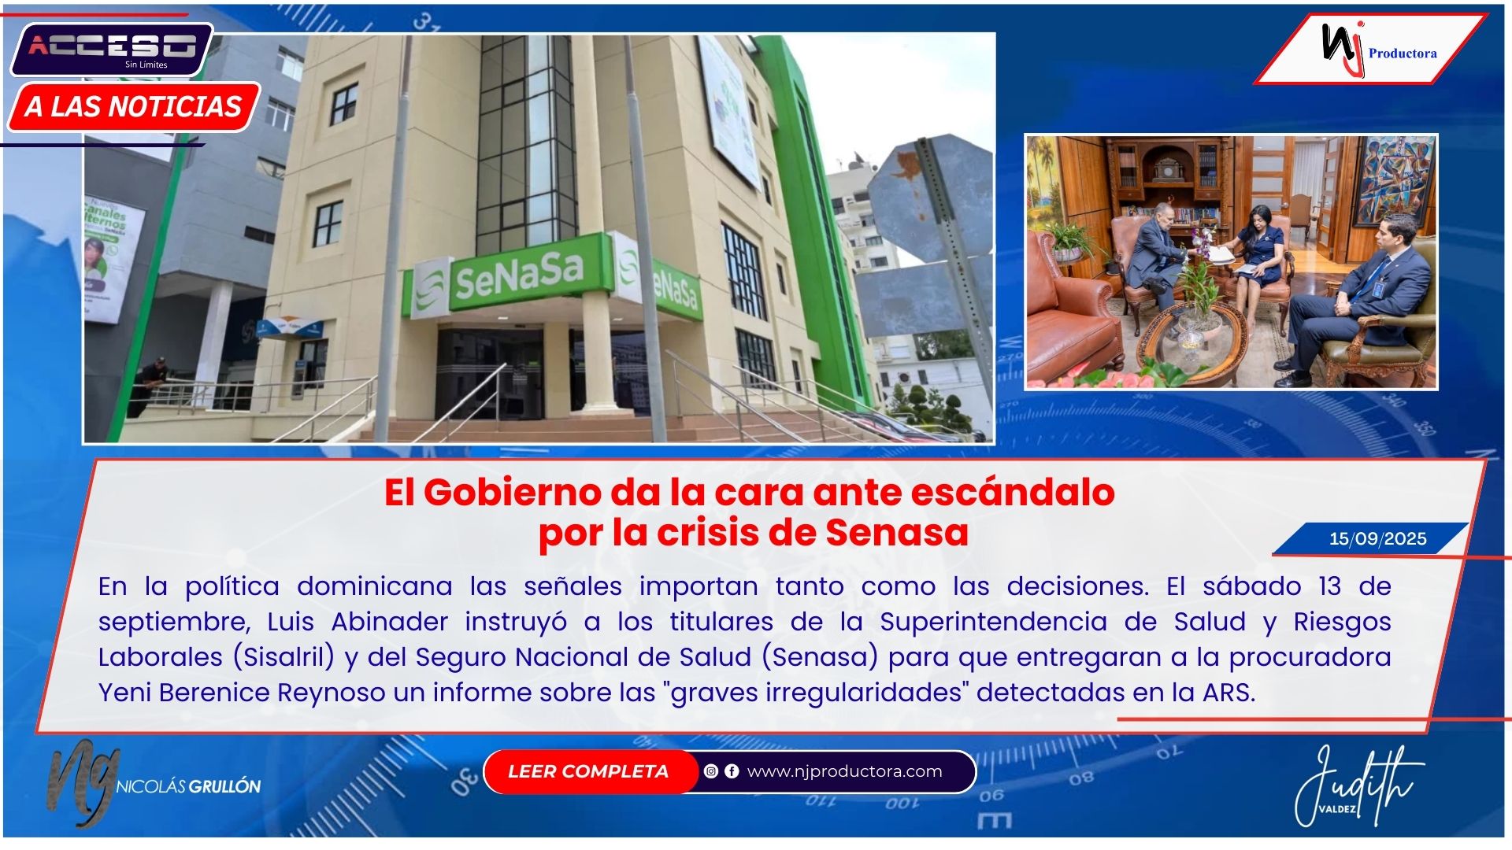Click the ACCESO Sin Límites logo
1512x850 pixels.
[111, 50]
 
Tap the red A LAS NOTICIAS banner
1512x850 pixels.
[134, 106]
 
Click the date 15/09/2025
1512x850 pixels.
[1377, 539]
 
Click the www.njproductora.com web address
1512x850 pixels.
[844, 771]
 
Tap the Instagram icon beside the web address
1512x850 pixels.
[711, 771]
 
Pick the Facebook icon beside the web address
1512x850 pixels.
[732, 771]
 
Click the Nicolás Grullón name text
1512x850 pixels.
[189, 786]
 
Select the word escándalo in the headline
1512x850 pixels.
[1013, 493]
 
